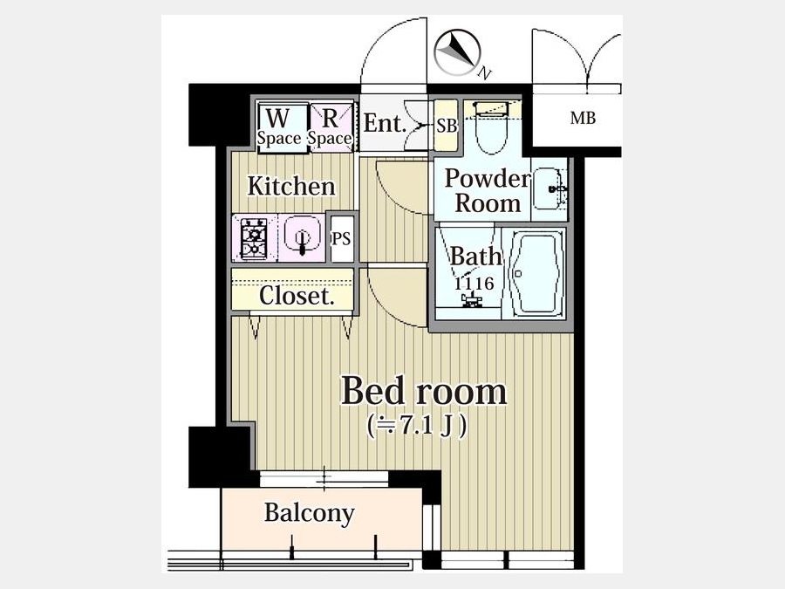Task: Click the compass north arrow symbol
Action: point(457,52)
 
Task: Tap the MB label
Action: point(583,118)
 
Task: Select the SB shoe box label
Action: point(446,125)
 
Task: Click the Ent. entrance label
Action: point(385,123)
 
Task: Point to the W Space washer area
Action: point(279,126)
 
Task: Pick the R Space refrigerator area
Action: point(330,126)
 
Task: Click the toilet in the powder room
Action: point(492,127)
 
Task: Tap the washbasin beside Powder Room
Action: point(549,188)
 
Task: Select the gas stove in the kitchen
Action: point(254,238)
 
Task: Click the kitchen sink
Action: point(302,236)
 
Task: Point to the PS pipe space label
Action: point(341,239)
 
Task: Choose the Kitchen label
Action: point(291,187)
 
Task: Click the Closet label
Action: point(297,296)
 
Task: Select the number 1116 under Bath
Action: point(474,284)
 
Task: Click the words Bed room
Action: point(424,391)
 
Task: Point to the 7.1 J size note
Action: point(418,426)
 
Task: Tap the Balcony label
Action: point(310,513)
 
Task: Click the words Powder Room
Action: point(487,191)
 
